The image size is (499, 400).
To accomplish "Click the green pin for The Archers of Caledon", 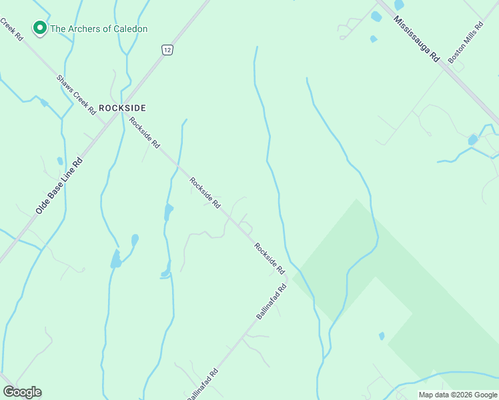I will tap(39, 28).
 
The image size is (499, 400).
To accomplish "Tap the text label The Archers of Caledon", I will tap(99, 29).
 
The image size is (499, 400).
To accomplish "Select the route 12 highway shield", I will tap(167, 50).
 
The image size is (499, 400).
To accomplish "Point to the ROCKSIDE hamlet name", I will tap(122, 107).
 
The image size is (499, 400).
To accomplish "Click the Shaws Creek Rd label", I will tap(76, 93).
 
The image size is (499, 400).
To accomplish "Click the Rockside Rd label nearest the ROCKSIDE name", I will tap(145, 132).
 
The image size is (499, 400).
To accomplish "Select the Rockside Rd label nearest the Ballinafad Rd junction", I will tap(269, 259).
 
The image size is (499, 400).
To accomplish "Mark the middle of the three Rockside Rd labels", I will tap(205, 193).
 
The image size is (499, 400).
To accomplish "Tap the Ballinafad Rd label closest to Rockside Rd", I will tap(272, 301).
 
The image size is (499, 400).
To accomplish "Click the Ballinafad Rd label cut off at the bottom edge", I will tap(203, 385).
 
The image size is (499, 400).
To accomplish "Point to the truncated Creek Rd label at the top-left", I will tap(11, 29).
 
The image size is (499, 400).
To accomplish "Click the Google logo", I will tap(22, 392).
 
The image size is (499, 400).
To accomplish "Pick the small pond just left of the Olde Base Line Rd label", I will tap(59, 161).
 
